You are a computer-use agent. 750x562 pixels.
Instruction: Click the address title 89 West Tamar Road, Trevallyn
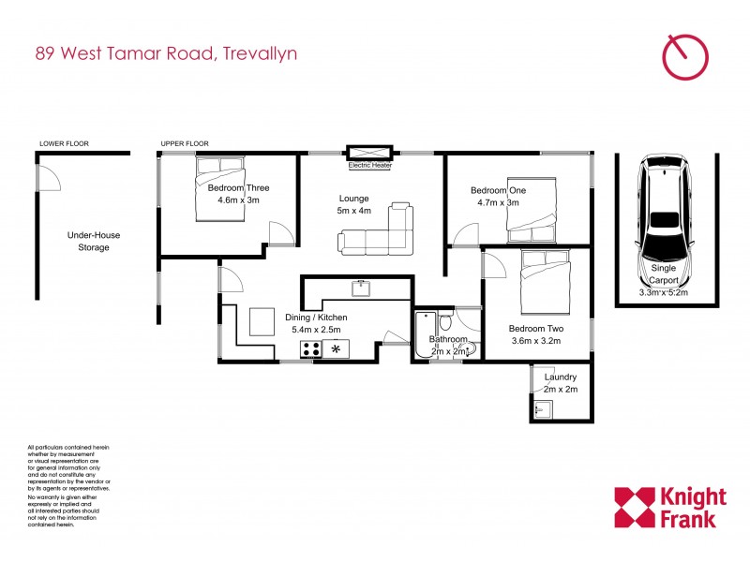pos(166,53)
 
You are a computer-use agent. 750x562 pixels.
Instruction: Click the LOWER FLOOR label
pos(64,143)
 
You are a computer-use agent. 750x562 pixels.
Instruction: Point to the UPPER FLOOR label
pos(185,143)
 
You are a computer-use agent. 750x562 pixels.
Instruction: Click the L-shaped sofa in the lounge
pos(379,231)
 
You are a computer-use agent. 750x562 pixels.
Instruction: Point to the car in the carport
pos(664,215)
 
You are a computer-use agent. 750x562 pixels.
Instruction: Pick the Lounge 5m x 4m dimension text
pos(354,204)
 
